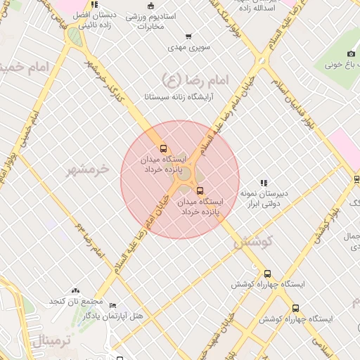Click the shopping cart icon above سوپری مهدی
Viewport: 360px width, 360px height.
click(x=188, y=37)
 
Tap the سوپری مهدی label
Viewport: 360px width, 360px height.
click(x=186, y=49)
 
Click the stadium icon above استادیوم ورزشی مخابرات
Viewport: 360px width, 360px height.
click(x=150, y=6)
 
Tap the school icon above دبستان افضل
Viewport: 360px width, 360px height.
click(x=94, y=4)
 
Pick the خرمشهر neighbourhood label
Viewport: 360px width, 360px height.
click(x=88, y=169)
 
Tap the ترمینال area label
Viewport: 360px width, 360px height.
click(x=52, y=342)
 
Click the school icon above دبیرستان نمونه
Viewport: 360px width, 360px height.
click(x=264, y=183)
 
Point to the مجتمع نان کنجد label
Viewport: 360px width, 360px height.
click(x=75, y=302)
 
